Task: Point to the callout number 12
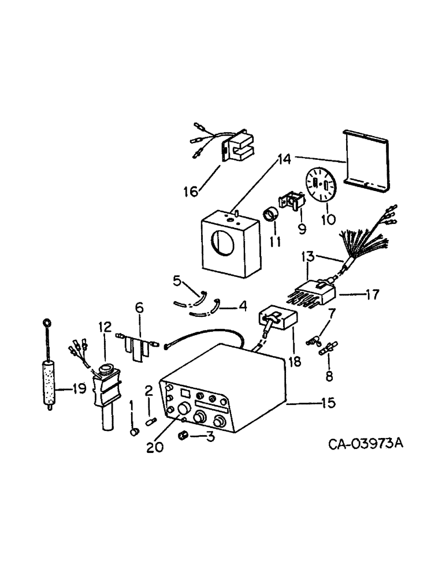(x=105, y=327)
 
